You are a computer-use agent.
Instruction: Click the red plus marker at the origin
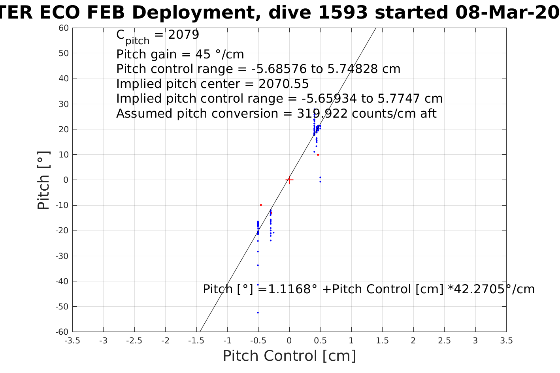(x=289, y=180)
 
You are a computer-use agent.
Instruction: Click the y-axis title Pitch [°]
(x=43, y=180)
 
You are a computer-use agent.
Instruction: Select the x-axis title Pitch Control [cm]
(x=289, y=356)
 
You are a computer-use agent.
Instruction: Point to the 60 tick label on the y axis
(x=64, y=28)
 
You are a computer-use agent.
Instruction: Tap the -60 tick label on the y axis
(x=62, y=332)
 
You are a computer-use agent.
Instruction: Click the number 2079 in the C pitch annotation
(x=183, y=35)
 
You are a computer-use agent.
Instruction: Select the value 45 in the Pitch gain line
(x=203, y=54)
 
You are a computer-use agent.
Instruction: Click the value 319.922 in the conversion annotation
(x=322, y=114)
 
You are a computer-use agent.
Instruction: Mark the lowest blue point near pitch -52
(x=258, y=313)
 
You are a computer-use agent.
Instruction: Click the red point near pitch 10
(x=318, y=155)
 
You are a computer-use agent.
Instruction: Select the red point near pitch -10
(x=261, y=205)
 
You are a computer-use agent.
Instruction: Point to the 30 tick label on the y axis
(x=64, y=104)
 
